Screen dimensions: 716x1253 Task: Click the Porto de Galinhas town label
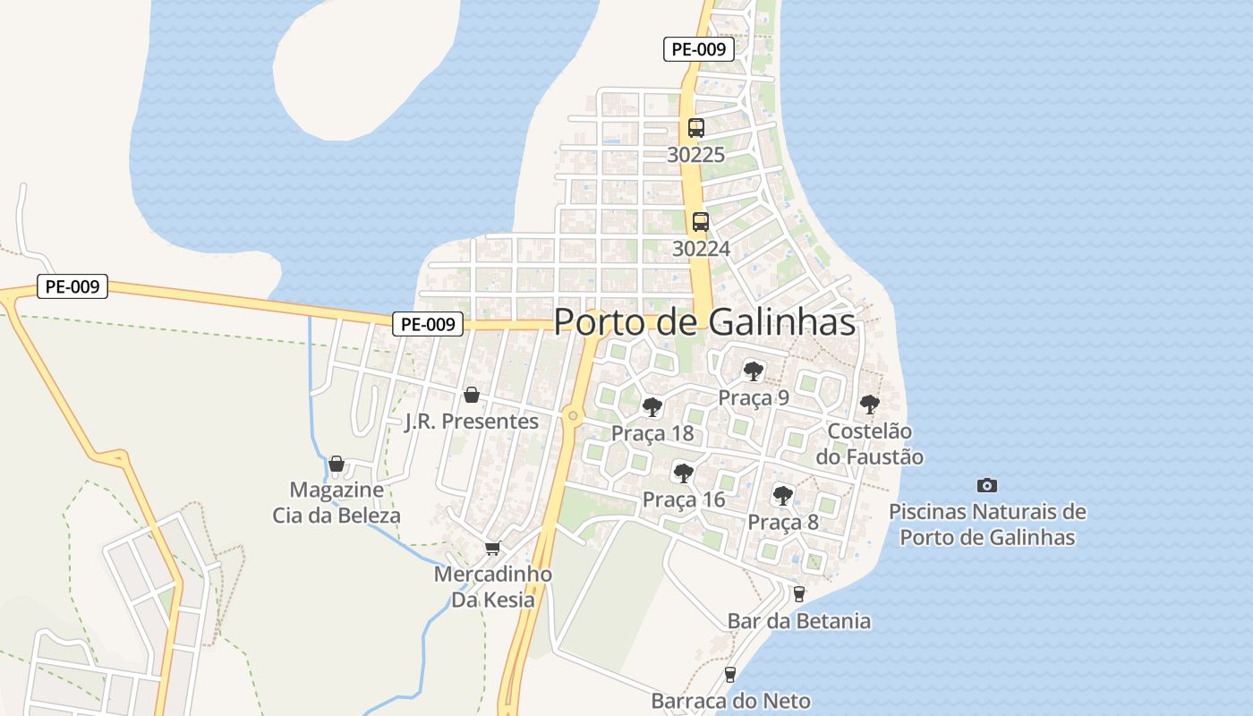click(x=704, y=322)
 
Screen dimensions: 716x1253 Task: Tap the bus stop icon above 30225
click(x=696, y=128)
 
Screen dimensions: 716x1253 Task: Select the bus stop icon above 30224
click(x=700, y=221)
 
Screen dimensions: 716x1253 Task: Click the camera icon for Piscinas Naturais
click(x=986, y=485)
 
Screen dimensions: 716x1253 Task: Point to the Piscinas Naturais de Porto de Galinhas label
click(x=987, y=524)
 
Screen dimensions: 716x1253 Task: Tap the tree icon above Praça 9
click(x=754, y=371)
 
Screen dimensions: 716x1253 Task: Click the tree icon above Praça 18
click(x=652, y=407)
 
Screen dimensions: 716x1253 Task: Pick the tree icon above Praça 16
click(x=684, y=473)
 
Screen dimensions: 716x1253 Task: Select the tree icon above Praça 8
click(x=783, y=495)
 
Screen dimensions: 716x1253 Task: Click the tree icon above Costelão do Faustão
click(x=869, y=405)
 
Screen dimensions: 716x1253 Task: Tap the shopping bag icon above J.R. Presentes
click(x=472, y=395)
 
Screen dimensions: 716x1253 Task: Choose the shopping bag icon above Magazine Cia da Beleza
click(x=337, y=464)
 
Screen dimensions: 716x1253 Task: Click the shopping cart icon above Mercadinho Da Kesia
click(x=492, y=548)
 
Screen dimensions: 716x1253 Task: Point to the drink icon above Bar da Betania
click(x=799, y=593)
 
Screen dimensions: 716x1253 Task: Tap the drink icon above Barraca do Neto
click(x=730, y=674)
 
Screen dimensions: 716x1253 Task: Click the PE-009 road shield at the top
click(x=698, y=49)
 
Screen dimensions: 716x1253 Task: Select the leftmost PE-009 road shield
click(x=72, y=287)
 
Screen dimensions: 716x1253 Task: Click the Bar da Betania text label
click(x=798, y=621)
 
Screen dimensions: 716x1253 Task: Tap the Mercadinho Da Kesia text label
click(x=493, y=587)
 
